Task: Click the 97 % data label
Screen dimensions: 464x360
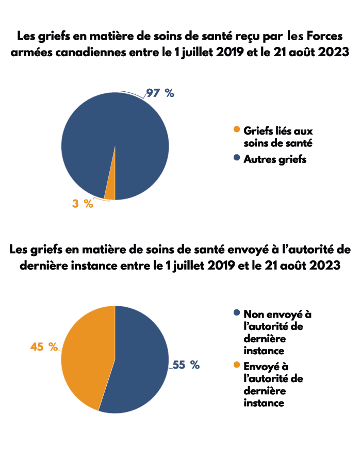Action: [160, 93]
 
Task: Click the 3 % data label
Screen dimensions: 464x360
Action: [83, 204]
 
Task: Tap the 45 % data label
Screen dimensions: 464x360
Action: [44, 347]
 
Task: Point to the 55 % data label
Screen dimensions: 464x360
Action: [186, 365]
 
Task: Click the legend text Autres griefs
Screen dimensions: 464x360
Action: [275, 159]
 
